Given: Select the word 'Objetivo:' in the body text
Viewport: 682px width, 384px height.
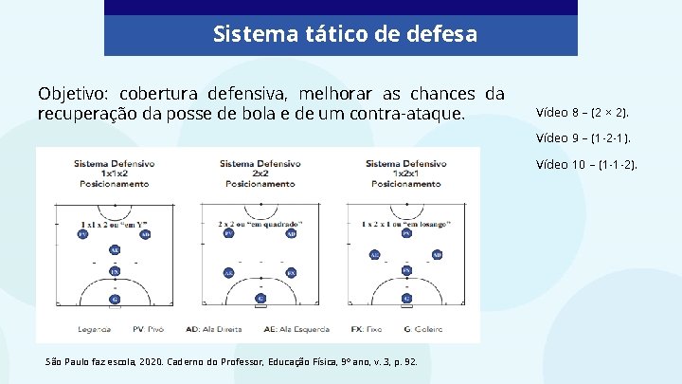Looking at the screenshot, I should coord(74,94).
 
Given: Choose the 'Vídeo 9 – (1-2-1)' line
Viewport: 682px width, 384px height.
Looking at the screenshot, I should coord(583,137).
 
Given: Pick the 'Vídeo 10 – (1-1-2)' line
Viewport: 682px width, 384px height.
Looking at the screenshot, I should coord(586,164).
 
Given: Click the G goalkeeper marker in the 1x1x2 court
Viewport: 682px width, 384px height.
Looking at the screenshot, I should coord(115,299).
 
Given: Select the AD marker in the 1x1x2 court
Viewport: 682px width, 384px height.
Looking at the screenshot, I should coord(145,233).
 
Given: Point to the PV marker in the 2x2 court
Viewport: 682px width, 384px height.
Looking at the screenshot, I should coord(228,233).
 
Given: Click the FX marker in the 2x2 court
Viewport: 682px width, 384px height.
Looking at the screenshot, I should coord(291,272).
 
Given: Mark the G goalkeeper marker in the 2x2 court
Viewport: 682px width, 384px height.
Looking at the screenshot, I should coord(260,299).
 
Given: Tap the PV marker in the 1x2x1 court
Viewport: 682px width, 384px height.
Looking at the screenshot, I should coord(406,233).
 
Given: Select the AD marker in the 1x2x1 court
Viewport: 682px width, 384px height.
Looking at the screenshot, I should coord(437,254).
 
